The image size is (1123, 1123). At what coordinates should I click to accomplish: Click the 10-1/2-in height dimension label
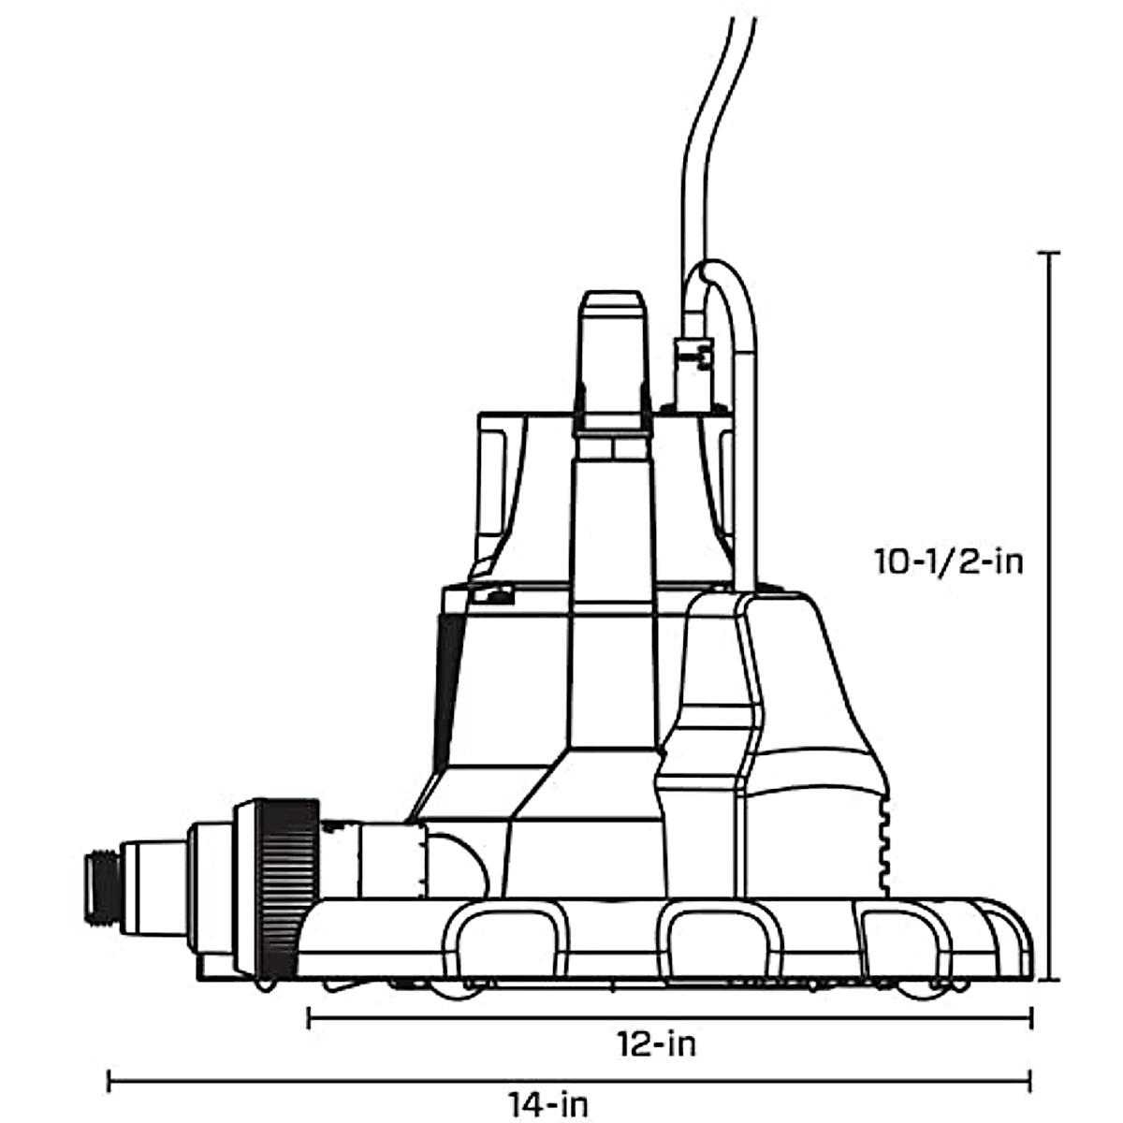tap(948, 562)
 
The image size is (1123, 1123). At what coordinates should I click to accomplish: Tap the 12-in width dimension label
tap(656, 1043)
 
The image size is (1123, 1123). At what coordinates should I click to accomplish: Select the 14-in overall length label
tap(550, 1104)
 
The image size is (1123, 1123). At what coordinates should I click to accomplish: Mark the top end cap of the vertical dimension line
tap(1049, 254)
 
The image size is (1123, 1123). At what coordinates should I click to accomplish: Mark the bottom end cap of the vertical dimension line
tap(1049, 980)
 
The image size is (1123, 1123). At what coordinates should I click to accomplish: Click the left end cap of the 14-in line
tap(109, 1082)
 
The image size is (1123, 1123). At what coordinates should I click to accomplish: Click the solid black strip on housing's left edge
tap(448, 674)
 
